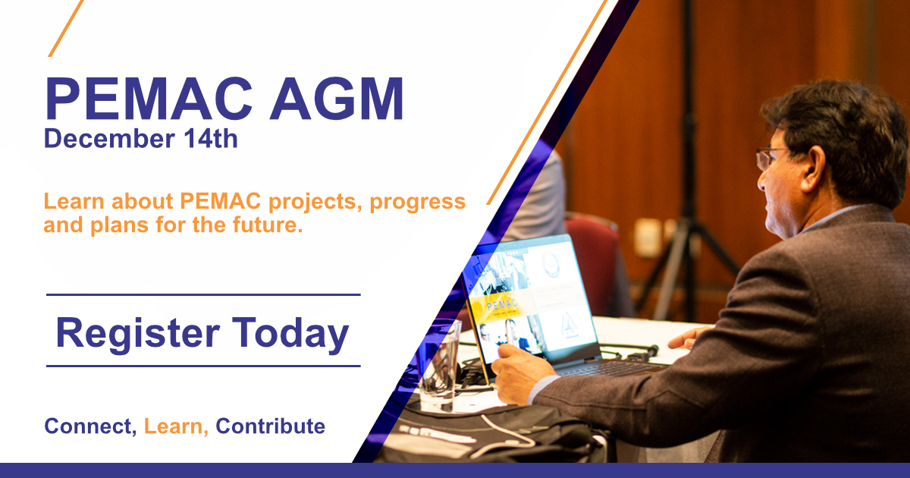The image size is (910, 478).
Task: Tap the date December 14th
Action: (x=140, y=138)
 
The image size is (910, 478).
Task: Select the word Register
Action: (x=138, y=334)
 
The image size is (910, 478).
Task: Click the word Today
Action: (x=290, y=333)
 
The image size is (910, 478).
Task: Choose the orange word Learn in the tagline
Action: (x=176, y=426)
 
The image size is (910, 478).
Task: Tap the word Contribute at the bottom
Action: (x=270, y=426)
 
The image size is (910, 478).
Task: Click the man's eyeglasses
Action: (x=769, y=158)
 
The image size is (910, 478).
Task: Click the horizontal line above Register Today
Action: (x=203, y=294)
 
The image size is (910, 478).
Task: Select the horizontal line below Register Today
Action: (x=203, y=366)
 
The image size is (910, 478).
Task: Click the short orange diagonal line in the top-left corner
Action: (x=66, y=28)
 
